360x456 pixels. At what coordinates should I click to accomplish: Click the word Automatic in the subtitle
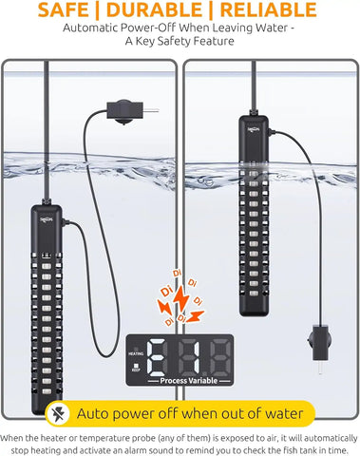point(96,29)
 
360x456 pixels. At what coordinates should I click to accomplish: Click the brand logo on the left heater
point(45,216)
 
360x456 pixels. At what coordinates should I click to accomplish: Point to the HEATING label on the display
point(135,348)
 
